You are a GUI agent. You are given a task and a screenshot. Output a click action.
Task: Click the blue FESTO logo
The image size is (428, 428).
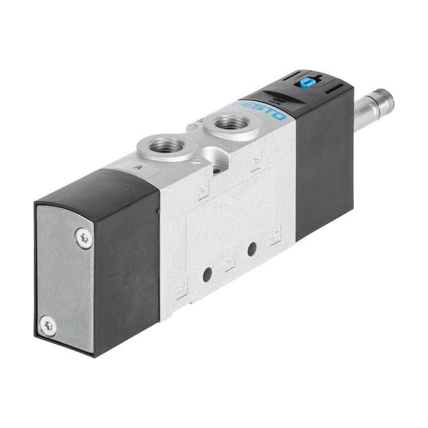coord(263,110)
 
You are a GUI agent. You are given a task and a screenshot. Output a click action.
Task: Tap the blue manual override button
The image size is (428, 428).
coord(307,83)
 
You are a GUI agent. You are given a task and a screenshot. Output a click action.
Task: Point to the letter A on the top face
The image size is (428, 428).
coord(138,168)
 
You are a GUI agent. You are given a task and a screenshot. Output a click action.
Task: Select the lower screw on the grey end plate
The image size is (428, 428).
coord(47,326)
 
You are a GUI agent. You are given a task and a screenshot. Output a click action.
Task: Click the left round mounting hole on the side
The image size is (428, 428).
coord(207,274)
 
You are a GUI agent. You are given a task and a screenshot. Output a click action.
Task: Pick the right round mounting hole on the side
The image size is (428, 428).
coord(251,249)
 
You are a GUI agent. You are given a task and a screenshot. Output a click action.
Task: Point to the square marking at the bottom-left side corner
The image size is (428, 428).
coord(181,289)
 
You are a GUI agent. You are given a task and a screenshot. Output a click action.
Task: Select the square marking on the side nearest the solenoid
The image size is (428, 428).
coord(274,235)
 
